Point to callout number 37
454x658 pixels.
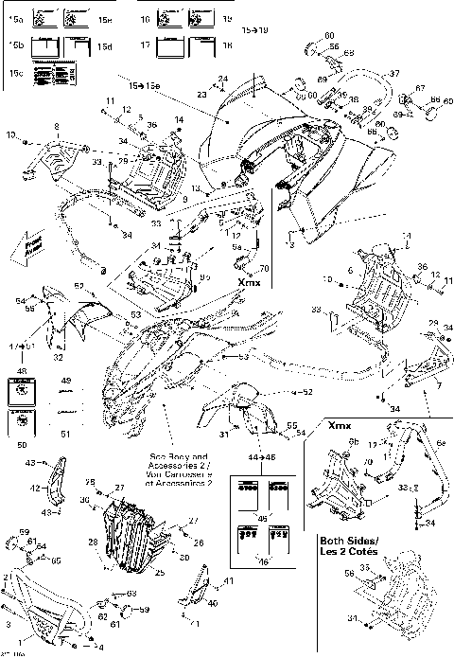[394, 73]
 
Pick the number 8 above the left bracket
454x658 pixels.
[56, 126]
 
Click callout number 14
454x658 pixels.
[177, 118]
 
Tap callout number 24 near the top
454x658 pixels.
[224, 78]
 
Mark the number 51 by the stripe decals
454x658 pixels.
[65, 434]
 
